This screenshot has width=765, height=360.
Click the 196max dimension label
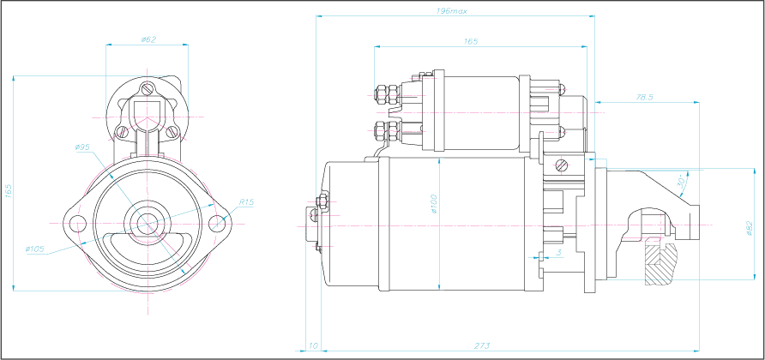(x=452, y=11)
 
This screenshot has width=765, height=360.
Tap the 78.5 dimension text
(x=644, y=97)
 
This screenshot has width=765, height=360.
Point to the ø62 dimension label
(x=148, y=39)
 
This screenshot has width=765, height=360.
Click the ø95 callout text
(x=83, y=147)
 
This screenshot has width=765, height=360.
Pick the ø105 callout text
(x=35, y=249)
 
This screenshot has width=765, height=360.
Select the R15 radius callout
(x=246, y=201)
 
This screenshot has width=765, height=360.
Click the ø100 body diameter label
(x=434, y=204)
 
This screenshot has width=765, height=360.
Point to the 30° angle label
(x=682, y=182)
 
